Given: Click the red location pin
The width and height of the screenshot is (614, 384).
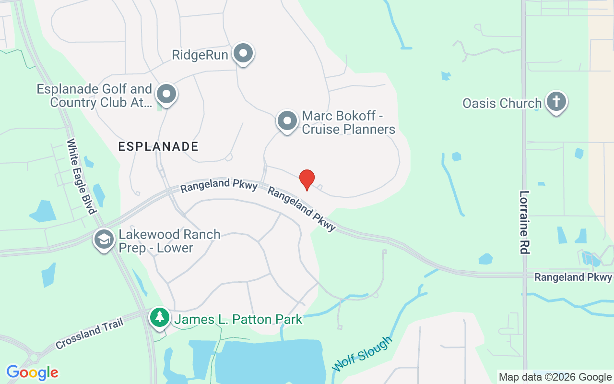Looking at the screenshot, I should tap(307, 180).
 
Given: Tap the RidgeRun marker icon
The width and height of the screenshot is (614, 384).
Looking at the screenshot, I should tap(243, 53).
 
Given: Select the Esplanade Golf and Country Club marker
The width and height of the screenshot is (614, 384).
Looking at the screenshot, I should tap(166, 94).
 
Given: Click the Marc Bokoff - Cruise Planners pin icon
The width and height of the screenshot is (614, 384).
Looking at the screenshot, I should tap(287, 121).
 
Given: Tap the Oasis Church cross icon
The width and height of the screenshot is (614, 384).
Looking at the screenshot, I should tap(556, 102).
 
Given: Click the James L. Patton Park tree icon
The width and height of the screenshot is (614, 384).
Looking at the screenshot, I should tap(159, 317).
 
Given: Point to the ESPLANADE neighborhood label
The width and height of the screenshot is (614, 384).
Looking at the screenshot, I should tap(158, 146).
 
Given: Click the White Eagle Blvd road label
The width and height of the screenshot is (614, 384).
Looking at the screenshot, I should tap(82, 176).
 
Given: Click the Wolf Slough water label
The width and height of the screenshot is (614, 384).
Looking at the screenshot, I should tap(362, 354).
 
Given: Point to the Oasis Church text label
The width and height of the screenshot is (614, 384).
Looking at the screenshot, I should tap(502, 103).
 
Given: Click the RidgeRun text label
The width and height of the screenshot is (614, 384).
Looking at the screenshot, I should tap(200, 55).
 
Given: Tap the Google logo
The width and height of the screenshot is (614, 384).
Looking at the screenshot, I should tap(32, 372).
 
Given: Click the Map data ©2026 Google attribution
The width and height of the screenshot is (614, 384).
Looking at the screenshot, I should tap(555, 377).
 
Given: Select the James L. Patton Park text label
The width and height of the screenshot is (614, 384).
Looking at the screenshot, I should tap(238, 319).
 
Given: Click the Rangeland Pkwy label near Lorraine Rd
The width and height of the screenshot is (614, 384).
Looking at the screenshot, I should tap(573, 277).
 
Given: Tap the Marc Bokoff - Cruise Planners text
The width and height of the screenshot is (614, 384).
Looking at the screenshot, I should tap(348, 122).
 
